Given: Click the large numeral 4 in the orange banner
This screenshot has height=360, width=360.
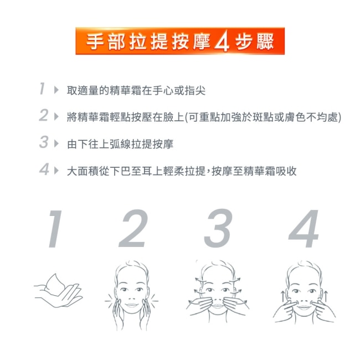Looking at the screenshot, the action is pos(222,41).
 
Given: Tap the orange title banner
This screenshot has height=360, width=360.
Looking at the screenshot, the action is pos(180,41).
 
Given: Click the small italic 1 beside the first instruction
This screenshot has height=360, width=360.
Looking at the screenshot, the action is pos(42,89).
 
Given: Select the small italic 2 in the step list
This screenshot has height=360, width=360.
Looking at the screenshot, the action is pos(44,115).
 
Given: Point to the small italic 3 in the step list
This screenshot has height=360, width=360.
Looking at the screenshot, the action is pos(44,142).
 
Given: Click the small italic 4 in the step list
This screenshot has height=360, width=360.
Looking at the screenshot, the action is pos(44,169).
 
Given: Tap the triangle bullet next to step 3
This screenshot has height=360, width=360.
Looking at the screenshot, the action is pos(56,144).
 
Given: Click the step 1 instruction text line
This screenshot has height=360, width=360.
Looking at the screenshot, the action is pos(136,90).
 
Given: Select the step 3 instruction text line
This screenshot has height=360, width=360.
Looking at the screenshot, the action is pos(120,144).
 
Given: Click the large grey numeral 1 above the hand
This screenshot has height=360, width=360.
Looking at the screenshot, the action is pos(55,229).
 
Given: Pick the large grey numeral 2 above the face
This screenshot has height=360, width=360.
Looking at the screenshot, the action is pos(133,228).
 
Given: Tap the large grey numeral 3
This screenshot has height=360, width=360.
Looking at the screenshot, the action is pos(218,228).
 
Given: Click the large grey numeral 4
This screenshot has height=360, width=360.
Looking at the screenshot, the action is pos(304,229).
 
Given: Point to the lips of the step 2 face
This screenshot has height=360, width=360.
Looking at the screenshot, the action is pos(132,305).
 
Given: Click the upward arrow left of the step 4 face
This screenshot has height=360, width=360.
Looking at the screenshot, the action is pos(283,296).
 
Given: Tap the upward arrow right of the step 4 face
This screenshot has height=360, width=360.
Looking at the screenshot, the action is pos(326,296).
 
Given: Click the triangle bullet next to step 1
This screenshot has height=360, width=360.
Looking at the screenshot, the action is pos(56,90).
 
